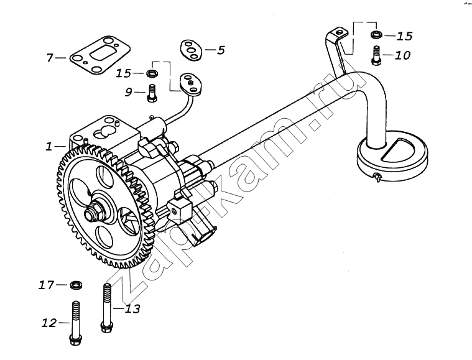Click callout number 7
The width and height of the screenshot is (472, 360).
coord(50,57)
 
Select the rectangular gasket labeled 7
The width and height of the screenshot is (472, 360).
coord(99,55)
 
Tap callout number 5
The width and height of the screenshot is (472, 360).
coord(221,50)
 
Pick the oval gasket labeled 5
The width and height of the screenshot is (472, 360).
coord(191,49)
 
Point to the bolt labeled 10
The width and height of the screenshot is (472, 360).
coord(376,55)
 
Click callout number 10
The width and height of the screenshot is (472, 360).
coord(402,55)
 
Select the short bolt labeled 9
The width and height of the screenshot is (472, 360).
coord(152,93)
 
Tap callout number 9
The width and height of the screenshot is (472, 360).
coord(129,93)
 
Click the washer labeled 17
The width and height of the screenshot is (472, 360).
coord(76,284)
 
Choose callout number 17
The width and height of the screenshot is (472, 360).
coord(47,285)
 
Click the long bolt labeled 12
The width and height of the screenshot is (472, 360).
coord(75,323)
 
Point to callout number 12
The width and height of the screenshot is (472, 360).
coord(49,323)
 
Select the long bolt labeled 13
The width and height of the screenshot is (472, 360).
coord(107,308)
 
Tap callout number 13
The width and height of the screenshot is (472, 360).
coord(132,308)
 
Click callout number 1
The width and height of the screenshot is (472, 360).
coord(49,147)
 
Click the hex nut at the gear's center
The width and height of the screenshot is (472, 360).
coord(94,211)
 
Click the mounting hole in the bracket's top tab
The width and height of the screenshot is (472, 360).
coord(340,31)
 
